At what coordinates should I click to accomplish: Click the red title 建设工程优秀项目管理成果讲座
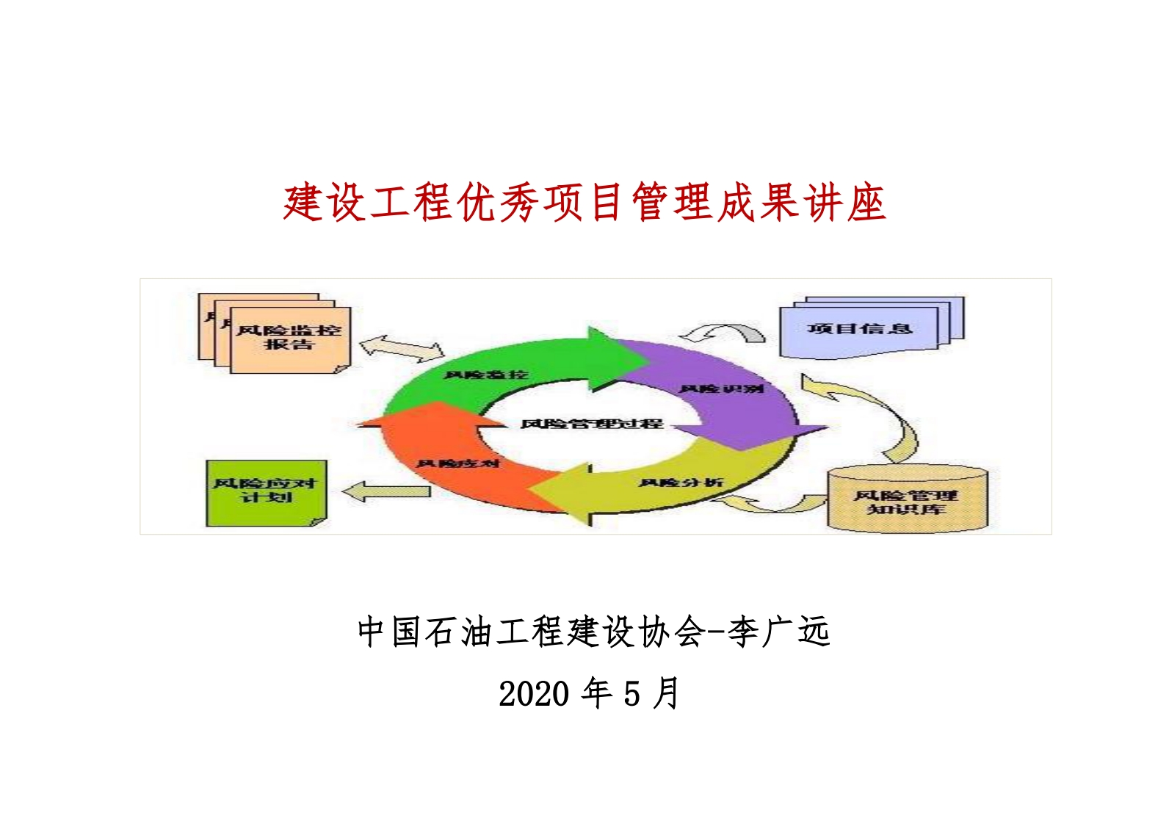point(584,203)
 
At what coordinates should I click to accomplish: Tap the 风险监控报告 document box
point(289,339)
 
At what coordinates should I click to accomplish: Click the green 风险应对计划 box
point(265,492)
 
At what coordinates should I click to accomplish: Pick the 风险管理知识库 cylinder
point(906,499)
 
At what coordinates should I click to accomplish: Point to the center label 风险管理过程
point(592,424)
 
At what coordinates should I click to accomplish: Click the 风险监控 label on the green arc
point(486,375)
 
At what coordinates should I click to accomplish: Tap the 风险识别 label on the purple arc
point(722,388)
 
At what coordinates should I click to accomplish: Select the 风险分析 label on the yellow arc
point(681,483)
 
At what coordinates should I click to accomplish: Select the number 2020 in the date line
point(533,694)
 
